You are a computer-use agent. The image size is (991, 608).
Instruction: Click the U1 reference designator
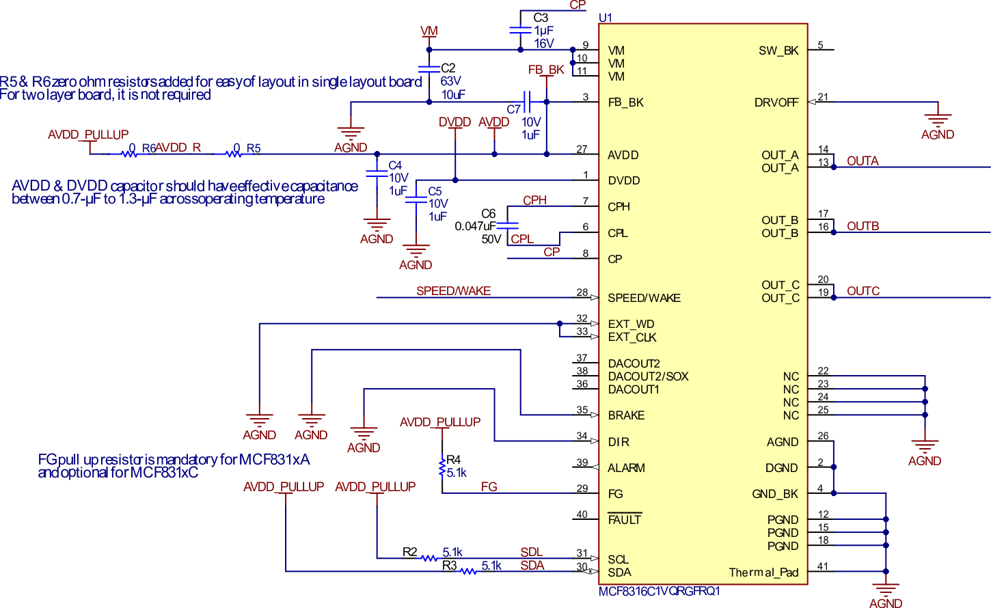[x=606, y=18]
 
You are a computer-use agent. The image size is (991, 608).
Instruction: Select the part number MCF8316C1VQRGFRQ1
[x=659, y=592]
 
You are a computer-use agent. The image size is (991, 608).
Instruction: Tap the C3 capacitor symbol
[x=520, y=30]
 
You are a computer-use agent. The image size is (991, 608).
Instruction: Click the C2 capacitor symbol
[x=429, y=69]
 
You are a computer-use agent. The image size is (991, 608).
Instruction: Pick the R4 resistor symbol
[x=442, y=468]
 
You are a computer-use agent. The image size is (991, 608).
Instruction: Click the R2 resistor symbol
[x=429, y=558]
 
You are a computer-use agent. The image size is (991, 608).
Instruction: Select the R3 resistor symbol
[x=468, y=571]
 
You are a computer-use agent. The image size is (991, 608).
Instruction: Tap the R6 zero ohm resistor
[x=129, y=154]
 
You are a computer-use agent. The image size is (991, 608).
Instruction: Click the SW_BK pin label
[x=778, y=51]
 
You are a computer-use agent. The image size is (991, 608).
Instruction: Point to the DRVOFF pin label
[x=776, y=102]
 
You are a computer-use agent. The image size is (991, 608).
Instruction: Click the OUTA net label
[x=863, y=161]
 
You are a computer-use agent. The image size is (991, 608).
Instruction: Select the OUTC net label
[x=863, y=291]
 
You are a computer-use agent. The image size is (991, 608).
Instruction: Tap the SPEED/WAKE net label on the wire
[x=453, y=291]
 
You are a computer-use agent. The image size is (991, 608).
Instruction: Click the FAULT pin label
[x=625, y=520]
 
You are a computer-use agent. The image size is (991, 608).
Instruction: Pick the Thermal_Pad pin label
[x=763, y=572]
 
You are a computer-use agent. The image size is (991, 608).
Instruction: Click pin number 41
[x=823, y=566]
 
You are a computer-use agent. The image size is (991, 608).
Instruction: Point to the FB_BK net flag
[x=546, y=70]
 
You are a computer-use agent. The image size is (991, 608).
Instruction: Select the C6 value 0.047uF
[x=475, y=226]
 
